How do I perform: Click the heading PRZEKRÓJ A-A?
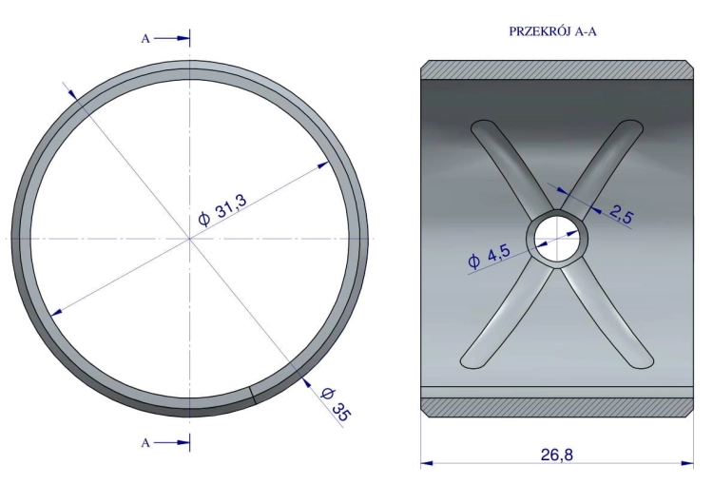click(552, 31)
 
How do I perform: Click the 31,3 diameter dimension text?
click(222, 209)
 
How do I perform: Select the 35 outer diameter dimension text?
click(337, 405)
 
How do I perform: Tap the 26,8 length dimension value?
click(557, 455)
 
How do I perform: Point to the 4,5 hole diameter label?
click(489, 256)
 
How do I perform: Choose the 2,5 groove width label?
click(621, 214)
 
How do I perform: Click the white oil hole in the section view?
click(556, 239)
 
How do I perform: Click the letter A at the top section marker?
click(145, 39)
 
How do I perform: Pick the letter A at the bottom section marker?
click(145, 442)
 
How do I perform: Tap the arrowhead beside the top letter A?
click(183, 39)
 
